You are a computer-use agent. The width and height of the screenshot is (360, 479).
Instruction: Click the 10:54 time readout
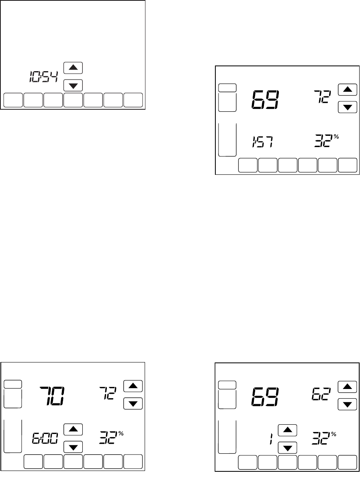43,76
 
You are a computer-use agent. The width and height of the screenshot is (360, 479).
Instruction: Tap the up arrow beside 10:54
73,68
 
